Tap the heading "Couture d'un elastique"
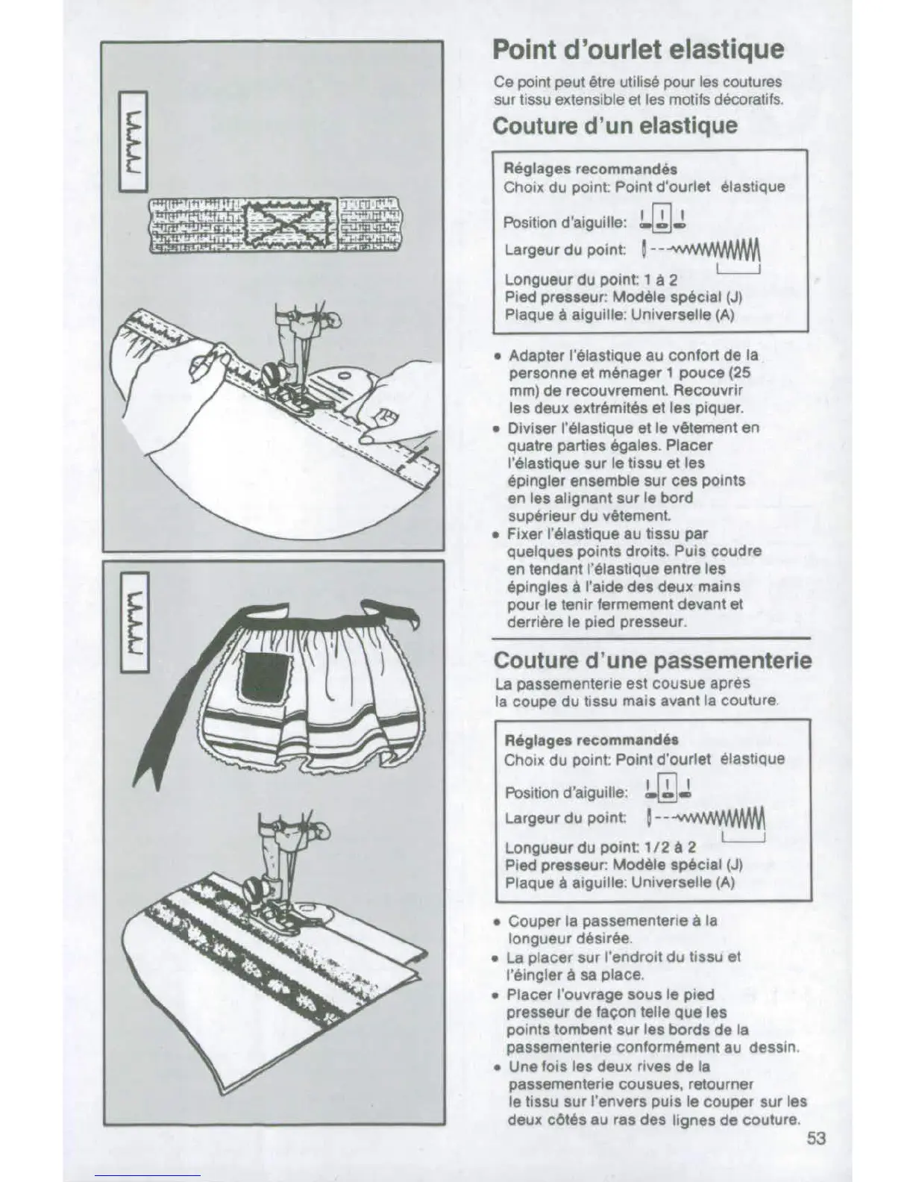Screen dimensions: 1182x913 point(615,125)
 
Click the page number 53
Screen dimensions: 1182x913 point(815,1139)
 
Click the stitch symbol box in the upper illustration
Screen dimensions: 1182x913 point(135,140)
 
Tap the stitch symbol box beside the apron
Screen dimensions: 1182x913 point(135,620)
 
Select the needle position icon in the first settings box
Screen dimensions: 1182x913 point(662,218)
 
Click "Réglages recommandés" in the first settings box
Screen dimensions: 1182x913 point(591,169)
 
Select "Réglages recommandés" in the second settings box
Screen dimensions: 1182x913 point(592,739)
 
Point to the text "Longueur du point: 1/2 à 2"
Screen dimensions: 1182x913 point(600,847)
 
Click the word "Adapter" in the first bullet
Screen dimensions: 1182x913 point(533,355)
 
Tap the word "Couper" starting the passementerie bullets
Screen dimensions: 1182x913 point(532,921)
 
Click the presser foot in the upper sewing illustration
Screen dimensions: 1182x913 point(287,373)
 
